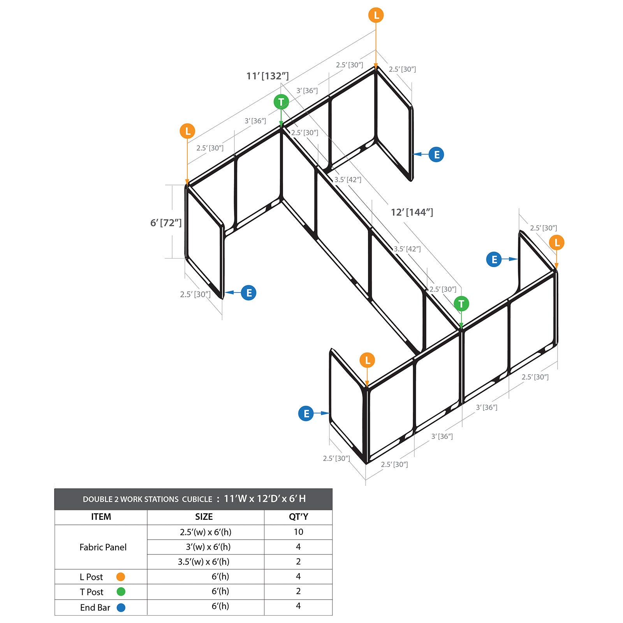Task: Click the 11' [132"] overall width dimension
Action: tap(268, 76)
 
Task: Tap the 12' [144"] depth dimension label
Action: tap(412, 212)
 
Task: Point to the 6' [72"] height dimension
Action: tap(166, 223)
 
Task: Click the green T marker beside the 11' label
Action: tap(281, 102)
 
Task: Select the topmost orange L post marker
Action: tap(376, 15)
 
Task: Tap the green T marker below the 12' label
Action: tap(461, 303)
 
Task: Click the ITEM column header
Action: tap(101, 517)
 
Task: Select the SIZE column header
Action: tap(204, 517)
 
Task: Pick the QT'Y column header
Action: tap(298, 517)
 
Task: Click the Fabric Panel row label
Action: tap(103, 547)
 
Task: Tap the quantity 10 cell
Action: tap(298, 532)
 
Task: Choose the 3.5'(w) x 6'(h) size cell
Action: tap(204, 562)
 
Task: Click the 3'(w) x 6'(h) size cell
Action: tap(208, 547)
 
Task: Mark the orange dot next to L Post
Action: tap(121, 577)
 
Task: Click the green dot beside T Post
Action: tap(121, 592)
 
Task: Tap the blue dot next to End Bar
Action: tap(121, 607)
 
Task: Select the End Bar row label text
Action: tap(95, 607)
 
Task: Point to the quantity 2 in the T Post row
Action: tap(298, 591)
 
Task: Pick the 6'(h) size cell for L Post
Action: tap(220, 577)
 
